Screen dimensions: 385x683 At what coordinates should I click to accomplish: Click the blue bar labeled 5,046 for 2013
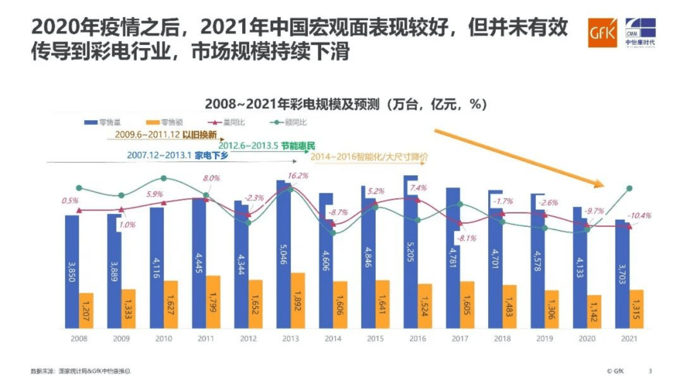pos(283,253)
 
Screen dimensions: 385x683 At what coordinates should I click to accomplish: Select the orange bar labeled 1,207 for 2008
pos(86,311)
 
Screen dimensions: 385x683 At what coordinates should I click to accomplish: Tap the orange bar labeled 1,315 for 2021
pos(636,309)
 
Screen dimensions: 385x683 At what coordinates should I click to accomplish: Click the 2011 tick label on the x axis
pos(206,339)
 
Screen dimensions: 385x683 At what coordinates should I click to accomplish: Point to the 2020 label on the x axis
pos(587,339)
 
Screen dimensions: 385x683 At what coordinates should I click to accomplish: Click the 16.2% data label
pos(298,176)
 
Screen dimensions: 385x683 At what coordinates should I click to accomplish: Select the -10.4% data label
pos(640,215)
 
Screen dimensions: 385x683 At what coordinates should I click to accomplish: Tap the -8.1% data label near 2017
pos(466,238)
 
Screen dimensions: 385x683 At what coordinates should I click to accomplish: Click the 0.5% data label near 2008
pos(70,201)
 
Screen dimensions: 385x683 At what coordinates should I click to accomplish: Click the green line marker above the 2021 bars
pos(629,189)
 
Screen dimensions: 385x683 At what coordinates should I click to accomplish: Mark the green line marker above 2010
pos(164,178)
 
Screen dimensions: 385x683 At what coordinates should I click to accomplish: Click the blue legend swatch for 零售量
pos(91,122)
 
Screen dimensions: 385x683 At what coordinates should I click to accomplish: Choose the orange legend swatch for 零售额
pos(153,122)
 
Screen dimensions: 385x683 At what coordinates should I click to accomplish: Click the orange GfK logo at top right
pos(602,33)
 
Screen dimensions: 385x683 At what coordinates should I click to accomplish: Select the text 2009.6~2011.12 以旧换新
pos(166,135)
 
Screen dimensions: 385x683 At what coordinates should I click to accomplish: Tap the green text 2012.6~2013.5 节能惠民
pos(267,146)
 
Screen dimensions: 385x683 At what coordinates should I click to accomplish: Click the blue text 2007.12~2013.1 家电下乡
pos(178,155)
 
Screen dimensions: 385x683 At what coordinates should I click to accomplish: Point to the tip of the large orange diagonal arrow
pos(604,185)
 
